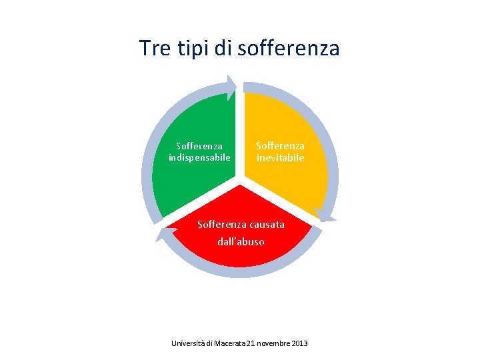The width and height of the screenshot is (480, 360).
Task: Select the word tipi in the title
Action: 194,48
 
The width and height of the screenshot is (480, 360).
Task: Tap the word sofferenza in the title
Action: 289,48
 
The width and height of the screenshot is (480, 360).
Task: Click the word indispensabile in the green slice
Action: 199,157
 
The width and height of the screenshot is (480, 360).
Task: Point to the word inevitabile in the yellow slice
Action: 281,158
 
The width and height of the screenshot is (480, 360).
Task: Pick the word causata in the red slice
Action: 265,224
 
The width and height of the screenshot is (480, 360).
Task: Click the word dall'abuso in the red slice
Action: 241,241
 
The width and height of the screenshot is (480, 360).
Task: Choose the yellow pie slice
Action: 293,180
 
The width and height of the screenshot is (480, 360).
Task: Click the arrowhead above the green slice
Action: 231,87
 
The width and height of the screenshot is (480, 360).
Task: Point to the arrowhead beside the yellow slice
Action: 325,215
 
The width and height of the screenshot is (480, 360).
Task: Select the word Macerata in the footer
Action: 229,343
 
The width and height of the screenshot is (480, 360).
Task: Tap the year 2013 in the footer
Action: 299,343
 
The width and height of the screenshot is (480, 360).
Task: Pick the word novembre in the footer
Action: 272,343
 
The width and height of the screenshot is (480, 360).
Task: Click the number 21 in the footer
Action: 251,343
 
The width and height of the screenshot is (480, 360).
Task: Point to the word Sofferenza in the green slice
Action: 199,145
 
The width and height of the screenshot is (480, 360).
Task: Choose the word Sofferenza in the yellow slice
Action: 281,145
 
